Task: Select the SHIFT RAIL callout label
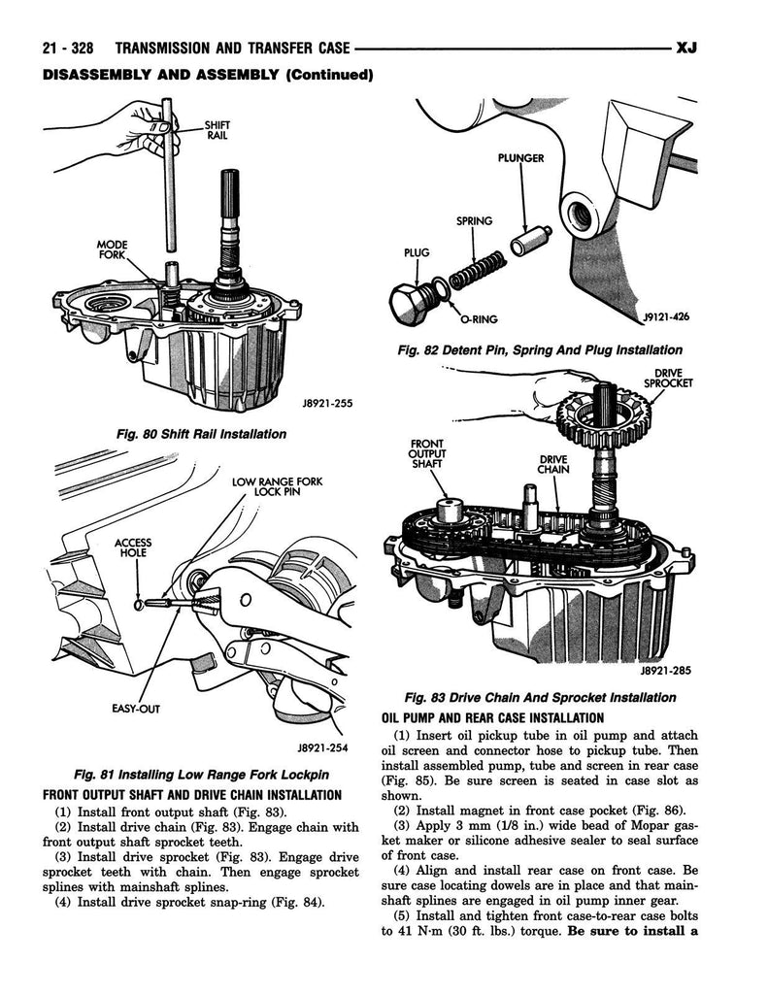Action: point(217,130)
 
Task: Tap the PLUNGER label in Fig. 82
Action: point(520,157)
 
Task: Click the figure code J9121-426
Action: point(663,316)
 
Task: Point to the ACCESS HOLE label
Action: point(132,547)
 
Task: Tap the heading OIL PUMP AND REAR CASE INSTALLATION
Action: point(493,718)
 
